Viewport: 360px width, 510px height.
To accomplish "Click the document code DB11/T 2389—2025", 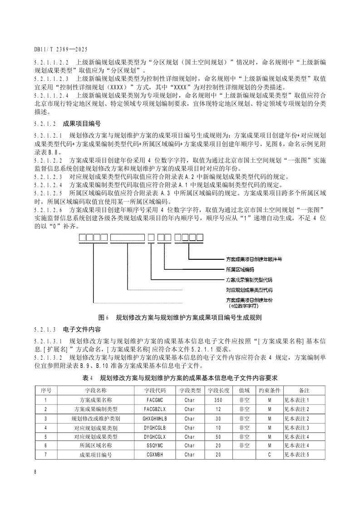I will [60, 49].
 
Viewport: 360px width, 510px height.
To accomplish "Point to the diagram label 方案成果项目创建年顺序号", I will [254, 259].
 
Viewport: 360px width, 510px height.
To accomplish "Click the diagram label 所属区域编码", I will [240, 269].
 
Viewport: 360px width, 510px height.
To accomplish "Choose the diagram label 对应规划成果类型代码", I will [249, 289].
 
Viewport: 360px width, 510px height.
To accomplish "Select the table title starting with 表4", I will [180, 378].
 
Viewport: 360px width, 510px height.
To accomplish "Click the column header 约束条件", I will [270, 390].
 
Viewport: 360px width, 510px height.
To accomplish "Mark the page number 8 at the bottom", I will [35, 472].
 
